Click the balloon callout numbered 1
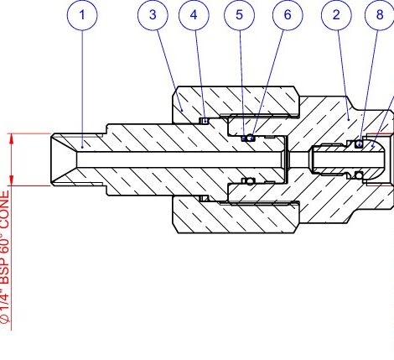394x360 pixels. click(82, 15)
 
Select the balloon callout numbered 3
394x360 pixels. click(153, 15)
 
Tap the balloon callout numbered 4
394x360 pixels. click(194, 15)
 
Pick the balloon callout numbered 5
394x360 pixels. click(239, 15)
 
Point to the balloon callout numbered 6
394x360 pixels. click(288, 15)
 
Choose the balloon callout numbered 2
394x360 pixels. click(336, 15)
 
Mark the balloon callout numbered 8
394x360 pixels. click(380, 15)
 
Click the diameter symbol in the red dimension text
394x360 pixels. click(5, 319)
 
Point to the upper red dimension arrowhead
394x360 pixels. click(12, 139)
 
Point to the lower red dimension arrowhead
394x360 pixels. click(12, 180)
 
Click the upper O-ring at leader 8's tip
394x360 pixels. click(359, 144)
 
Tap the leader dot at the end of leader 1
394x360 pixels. click(82, 147)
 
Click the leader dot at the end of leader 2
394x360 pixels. click(349, 119)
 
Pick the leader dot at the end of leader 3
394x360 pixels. click(182, 110)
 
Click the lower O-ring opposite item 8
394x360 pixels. click(359, 175)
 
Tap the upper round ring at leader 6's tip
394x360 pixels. click(251, 138)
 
